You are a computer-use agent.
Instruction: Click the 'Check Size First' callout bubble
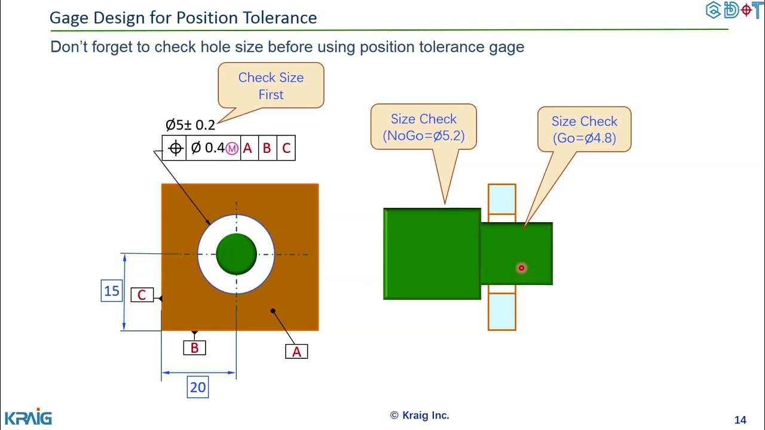click(x=271, y=85)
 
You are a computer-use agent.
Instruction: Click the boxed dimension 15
click(x=112, y=291)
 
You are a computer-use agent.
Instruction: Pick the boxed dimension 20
click(x=197, y=387)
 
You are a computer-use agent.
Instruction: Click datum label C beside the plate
click(x=142, y=295)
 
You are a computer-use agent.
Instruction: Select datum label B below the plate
click(x=194, y=348)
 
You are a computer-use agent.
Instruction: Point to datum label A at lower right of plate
click(x=296, y=352)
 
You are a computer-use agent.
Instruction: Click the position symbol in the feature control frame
click(x=175, y=148)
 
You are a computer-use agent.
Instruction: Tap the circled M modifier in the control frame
click(x=232, y=148)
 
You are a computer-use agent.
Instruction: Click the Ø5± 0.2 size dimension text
click(x=190, y=125)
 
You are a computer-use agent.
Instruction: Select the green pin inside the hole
click(x=236, y=254)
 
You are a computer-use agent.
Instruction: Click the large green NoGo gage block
click(x=432, y=254)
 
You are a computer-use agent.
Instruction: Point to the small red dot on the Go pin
click(x=521, y=268)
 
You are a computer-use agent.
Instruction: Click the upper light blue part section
click(x=501, y=199)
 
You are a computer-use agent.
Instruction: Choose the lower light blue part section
click(x=501, y=311)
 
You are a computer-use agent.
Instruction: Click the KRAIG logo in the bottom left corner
click(x=28, y=417)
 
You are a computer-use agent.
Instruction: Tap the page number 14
click(x=740, y=419)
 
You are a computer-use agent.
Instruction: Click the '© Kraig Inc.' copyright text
click(x=420, y=415)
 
